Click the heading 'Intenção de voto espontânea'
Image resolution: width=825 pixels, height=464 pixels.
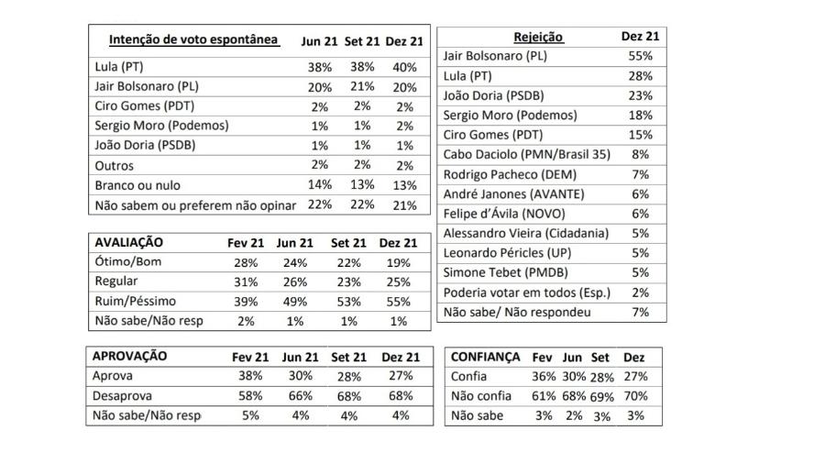[x=193, y=40]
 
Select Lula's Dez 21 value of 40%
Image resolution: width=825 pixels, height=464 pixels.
[x=404, y=67]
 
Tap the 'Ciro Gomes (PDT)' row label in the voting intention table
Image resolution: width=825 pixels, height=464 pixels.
[x=145, y=105]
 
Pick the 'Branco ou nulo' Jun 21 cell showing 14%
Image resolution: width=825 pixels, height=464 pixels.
[x=319, y=184]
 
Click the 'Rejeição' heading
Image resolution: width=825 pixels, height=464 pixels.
[x=538, y=37]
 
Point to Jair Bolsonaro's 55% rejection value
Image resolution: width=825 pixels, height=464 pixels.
[x=641, y=56]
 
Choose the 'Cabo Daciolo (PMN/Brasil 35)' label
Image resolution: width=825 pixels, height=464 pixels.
[x=527, y=155]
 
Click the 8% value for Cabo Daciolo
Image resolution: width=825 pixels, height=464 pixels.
[x=641, y=155]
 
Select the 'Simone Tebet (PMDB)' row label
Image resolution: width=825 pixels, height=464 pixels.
[x=506, y=272]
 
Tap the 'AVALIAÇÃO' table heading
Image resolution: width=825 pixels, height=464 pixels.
[x=129, y=242]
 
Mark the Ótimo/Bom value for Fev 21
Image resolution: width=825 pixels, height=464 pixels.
[x=246, y=262]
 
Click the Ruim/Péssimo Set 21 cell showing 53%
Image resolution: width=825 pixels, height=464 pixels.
[x=348, y=302]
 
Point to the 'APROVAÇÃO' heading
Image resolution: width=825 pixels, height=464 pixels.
[x=129, y=356]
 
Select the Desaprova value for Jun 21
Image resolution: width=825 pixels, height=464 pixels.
[x=301, y=395]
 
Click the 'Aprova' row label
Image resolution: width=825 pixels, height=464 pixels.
[x=112, y=376]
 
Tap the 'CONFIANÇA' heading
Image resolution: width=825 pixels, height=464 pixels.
[x=485, y=358]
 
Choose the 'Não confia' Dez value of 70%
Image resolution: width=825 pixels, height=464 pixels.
[x=635, y=395]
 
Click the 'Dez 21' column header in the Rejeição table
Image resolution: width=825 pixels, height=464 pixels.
[x=641, y=37]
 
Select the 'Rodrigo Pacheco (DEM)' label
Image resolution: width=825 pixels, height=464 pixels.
[x=510, y=174]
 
